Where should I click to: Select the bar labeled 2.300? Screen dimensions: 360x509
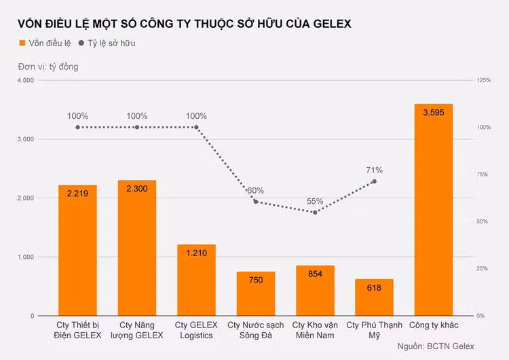[137, 248]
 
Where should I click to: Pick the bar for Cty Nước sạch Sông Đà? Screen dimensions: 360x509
[256, 293]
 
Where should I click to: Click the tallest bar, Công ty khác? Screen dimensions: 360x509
[433, 210]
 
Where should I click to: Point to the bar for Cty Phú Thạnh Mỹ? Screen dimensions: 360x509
[374, 298]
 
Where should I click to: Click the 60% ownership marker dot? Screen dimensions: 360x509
[256, 202]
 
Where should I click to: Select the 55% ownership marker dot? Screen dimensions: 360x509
[315, 213]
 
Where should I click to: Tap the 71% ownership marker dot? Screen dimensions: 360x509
[374, 181]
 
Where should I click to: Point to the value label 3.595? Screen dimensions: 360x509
[433, 113]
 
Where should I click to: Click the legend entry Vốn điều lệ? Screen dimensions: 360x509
[45, 43]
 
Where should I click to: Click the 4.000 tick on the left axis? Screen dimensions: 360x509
[25, 80]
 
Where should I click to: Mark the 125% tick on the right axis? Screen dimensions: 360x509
[483, 80]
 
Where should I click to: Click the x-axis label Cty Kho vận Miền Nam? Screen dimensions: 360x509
[315, 330]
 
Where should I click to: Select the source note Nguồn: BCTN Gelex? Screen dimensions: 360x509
[436, 347]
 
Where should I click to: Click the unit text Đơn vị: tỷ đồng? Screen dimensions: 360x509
[48, 67]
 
